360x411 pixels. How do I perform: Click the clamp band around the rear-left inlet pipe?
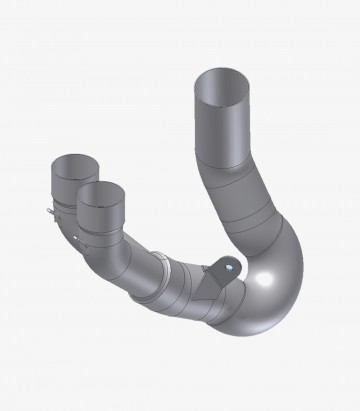point(58,208)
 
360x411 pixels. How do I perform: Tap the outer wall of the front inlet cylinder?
point(100,215)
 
